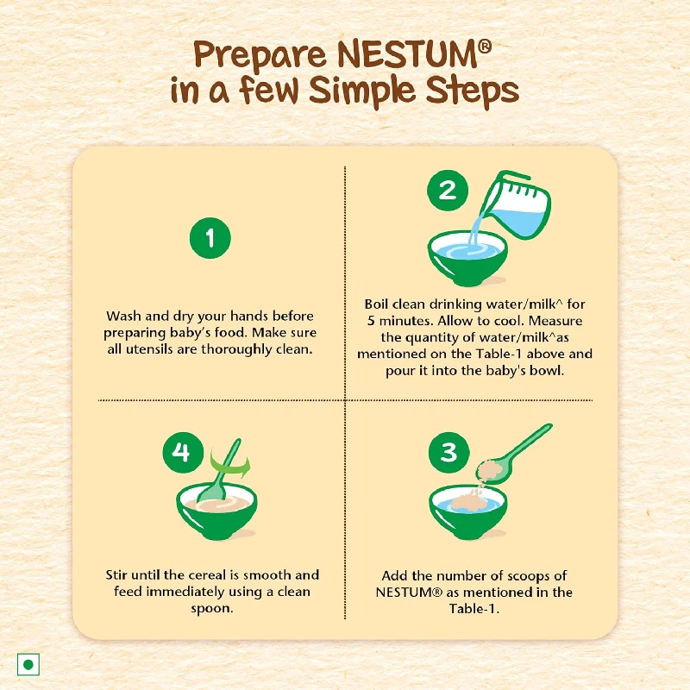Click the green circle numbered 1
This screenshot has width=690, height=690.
point(210,235)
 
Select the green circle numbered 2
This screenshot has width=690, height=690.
point(448,190)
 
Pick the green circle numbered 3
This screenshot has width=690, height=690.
point(448,452)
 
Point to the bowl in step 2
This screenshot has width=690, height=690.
point(467,256)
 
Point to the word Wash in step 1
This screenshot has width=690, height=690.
point(123,317)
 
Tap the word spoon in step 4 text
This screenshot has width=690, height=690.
point(210,608)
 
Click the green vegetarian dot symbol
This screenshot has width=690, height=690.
point(29,665)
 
